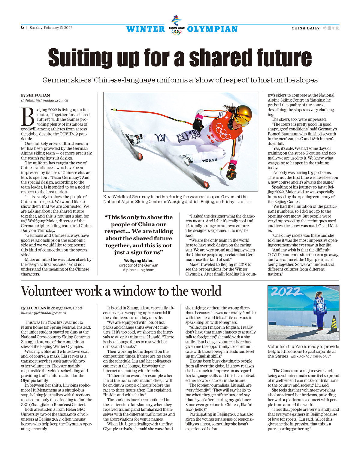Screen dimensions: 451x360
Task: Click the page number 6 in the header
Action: click(22, 28)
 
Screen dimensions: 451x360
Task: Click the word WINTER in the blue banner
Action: click(146, 29)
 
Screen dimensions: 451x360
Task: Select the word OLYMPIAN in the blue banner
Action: click(212, 29)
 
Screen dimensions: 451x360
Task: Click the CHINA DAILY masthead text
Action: click(306, 28)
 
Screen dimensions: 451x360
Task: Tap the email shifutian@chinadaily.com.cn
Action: click(44, 100)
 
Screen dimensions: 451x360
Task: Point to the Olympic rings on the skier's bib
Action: click(224, 131)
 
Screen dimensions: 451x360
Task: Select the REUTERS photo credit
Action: click(244, 202)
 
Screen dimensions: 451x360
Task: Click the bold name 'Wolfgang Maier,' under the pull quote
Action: click(138, 261)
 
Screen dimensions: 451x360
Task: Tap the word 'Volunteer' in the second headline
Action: click(47, 291)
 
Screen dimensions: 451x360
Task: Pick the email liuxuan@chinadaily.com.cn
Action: click(44, 313)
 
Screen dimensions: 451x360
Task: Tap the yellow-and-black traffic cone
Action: click(334, 323)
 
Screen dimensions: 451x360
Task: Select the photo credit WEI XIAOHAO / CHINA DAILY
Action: click(310, 356)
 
